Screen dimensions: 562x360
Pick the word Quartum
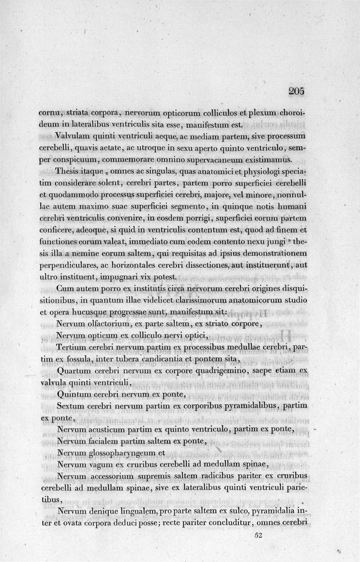(73, 370)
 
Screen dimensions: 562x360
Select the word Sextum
(70, 406)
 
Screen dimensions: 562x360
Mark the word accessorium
(113, 476)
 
